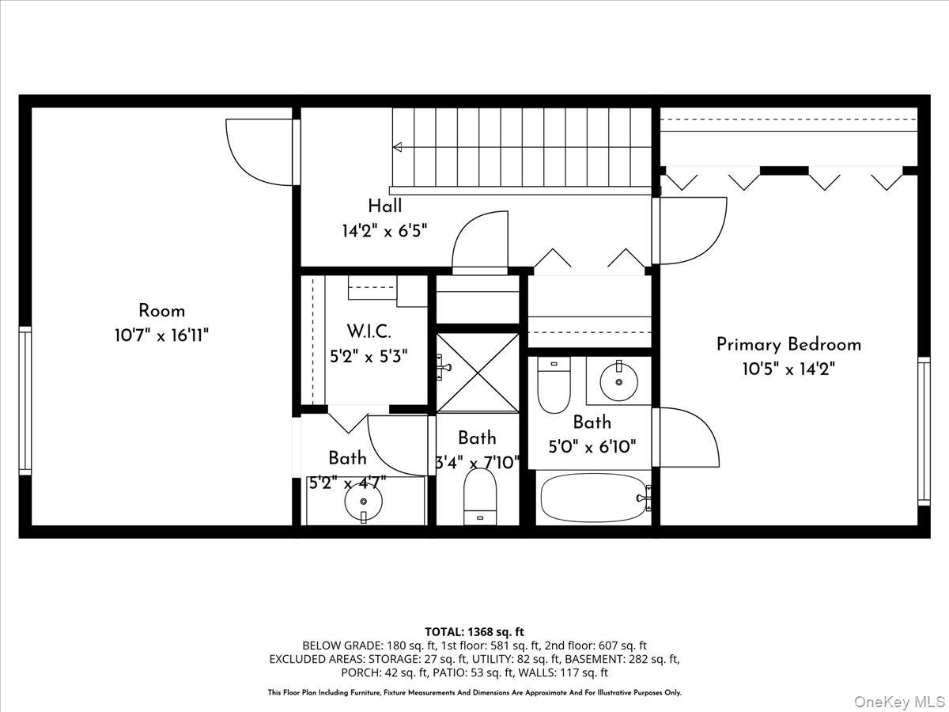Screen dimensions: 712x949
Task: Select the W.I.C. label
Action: [x=369, y=331]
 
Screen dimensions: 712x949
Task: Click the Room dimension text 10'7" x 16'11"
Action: [x=161, y=335]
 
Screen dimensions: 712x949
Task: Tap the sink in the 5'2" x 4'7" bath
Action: [x=363, y=500]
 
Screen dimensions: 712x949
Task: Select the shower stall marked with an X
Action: [x=478, y=373]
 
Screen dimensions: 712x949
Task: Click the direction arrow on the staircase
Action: [x=398, y=146]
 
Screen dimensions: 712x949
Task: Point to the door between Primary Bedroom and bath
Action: [x=688, y=437]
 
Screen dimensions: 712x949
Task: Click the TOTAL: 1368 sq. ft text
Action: [x=475, y=631]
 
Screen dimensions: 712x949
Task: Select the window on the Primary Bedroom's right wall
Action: [x=924, y=431]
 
